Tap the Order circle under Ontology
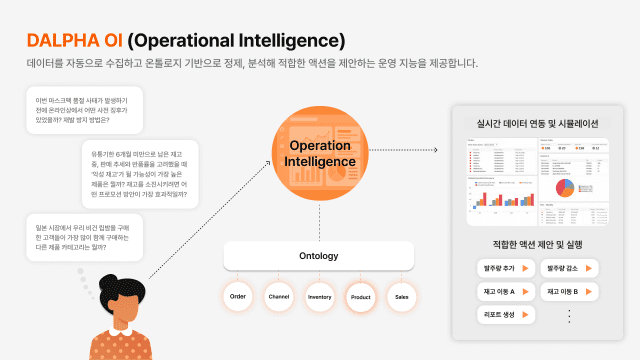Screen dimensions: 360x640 (238, 297)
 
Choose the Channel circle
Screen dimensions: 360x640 (279, 297)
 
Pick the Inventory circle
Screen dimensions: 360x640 (320, 297)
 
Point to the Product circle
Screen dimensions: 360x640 (361, 297)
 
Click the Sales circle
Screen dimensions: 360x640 (402, 297)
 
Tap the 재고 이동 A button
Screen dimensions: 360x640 (509, 291)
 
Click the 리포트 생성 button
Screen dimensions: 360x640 (509, 314)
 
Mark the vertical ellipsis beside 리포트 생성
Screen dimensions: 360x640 (570, 314)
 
